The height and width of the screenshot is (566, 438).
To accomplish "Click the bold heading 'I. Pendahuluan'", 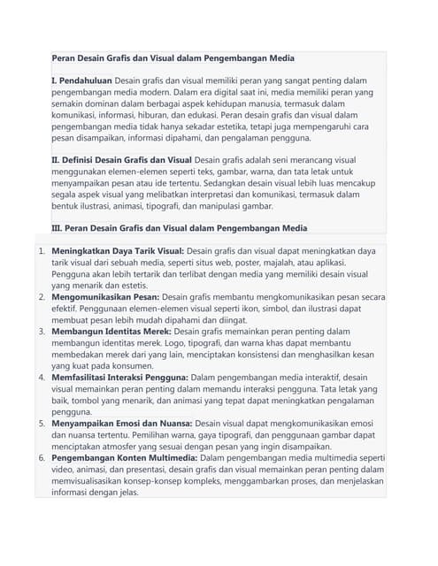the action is [81, 80].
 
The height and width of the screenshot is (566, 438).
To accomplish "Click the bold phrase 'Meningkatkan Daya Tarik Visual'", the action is [117, 251].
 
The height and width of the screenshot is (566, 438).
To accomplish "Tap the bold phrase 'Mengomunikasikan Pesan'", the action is [105, 296].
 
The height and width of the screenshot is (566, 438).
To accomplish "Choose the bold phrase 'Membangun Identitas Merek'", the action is [110, 331].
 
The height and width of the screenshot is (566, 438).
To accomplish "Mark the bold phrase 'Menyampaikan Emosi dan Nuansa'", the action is [121, 424].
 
